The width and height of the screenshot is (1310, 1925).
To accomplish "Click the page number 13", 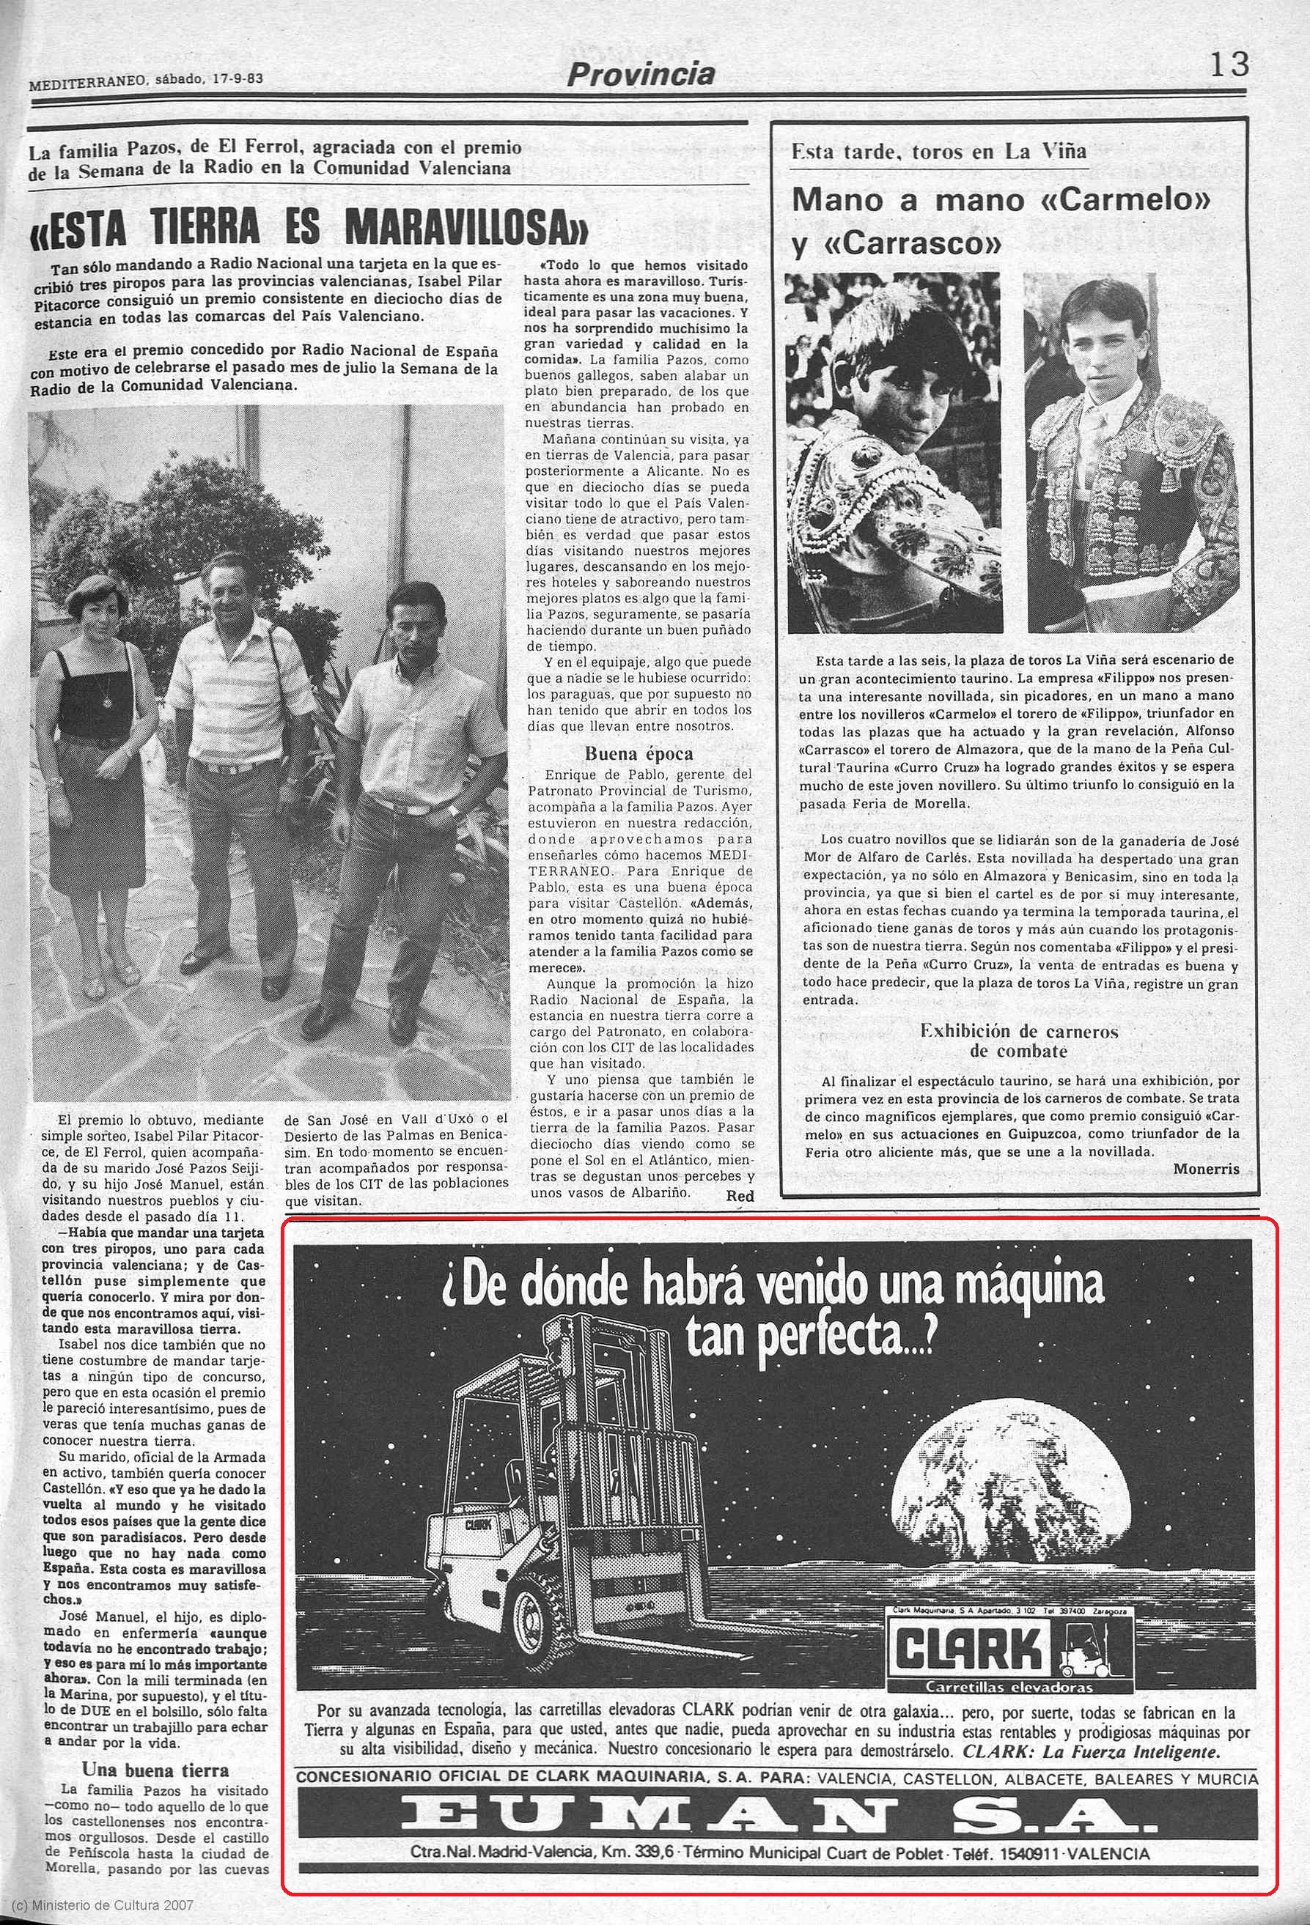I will point(1229,64).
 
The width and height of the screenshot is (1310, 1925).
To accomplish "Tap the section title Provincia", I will point(640,75).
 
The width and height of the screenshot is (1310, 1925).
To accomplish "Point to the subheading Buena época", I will point(639,754).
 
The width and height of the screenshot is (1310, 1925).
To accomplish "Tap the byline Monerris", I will point(1207,1169).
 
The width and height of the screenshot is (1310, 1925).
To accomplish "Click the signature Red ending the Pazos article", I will point(739,1195).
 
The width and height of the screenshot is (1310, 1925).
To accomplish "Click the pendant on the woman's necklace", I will point(106,701).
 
